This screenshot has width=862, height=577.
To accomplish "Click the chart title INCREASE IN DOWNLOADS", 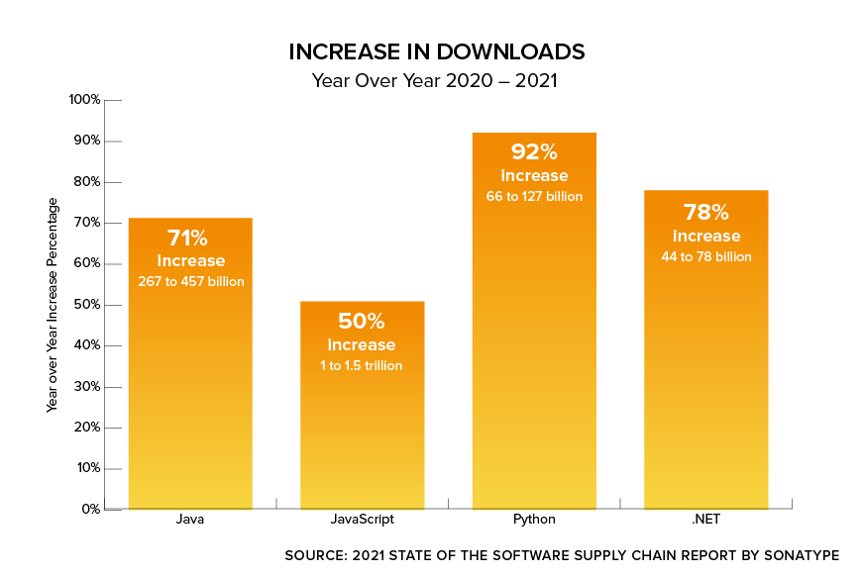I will coord(436,50).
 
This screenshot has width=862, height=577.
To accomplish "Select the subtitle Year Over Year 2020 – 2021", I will coord(435,81).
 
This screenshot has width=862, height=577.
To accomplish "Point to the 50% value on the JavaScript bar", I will coord(362,322).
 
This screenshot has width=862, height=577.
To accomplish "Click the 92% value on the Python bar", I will coord(534,152).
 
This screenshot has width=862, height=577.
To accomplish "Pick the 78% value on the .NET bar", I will coord(705,212).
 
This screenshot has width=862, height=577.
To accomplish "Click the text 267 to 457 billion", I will coord(190,282).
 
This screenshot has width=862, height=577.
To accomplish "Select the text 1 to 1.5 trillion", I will coord(362,365).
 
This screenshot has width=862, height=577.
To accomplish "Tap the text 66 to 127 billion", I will coord(534,197).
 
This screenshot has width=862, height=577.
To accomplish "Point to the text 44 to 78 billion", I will coord(705,257).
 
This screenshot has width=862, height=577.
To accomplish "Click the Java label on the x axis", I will coord(190,520).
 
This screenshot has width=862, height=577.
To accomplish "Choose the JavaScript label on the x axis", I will coord(362,520).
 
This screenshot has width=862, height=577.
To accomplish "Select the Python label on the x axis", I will coord(534,520).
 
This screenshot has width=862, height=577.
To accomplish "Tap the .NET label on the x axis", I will coord(705,520).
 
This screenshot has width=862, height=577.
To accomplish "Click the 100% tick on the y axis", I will coord(84,100).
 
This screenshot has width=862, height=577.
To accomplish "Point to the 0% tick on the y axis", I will coord(90,510).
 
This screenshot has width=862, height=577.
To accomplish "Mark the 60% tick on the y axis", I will coord(86,264).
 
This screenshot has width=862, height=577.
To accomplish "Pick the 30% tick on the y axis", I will coord(86,387).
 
